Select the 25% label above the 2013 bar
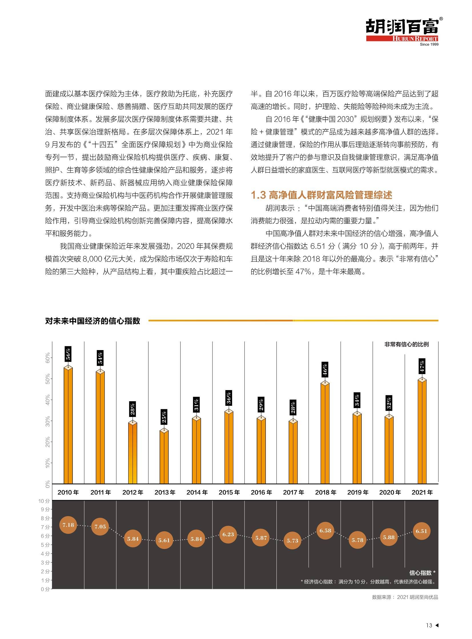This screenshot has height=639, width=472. point(164,417)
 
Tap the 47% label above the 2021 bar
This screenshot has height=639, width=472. point(422,366)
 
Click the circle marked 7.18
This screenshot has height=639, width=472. point(68,525)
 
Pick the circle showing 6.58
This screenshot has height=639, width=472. point(325,531)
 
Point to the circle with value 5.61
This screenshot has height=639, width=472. point(164,540)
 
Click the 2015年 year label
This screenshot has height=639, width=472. point(229,492)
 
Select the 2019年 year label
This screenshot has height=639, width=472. point(358,492)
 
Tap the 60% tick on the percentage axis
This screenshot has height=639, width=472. point(48,358)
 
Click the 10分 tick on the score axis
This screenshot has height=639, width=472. point(44,501)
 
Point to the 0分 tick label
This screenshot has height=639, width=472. point(45,589)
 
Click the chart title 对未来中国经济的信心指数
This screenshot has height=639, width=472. point(93,321)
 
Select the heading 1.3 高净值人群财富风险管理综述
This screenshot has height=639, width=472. point(322,195)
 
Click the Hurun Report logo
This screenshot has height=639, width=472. point(404,31)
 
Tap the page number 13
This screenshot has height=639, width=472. point(429,625)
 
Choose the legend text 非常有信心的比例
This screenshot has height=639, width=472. point(406,344)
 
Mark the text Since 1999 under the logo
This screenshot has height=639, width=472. point(429,44)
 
